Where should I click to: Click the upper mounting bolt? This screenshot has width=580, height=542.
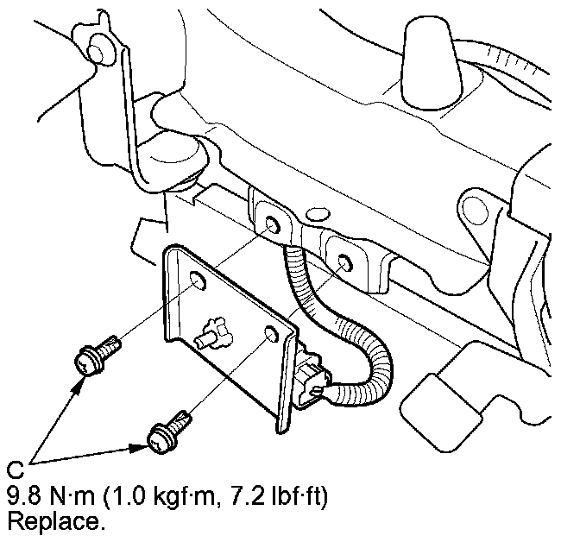95,355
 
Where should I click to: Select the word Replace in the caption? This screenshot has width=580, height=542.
47,521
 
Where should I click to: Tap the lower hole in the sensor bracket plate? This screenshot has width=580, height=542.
271,334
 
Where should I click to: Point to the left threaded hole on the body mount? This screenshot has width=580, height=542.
273,226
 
